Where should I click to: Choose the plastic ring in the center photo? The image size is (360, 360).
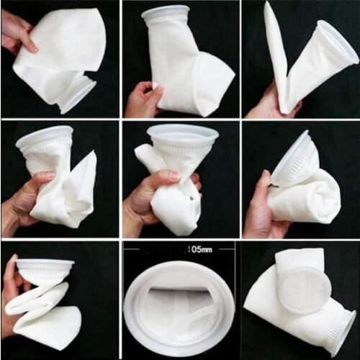pos(182,135)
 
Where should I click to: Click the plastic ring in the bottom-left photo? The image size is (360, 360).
pos(45,268)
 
